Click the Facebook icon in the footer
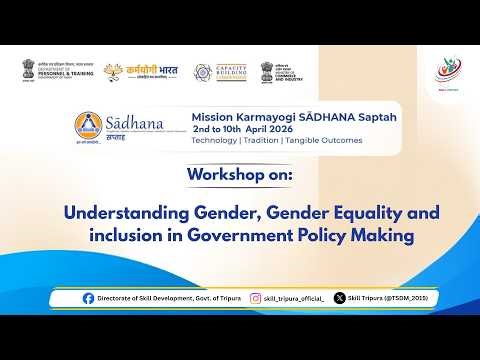coord(89,298)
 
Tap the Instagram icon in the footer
coord(256,298)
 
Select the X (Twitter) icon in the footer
coord(340,298)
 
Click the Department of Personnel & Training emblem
coord(27,69)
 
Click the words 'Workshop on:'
coord(239,176)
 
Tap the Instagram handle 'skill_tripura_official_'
coord(294,298)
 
